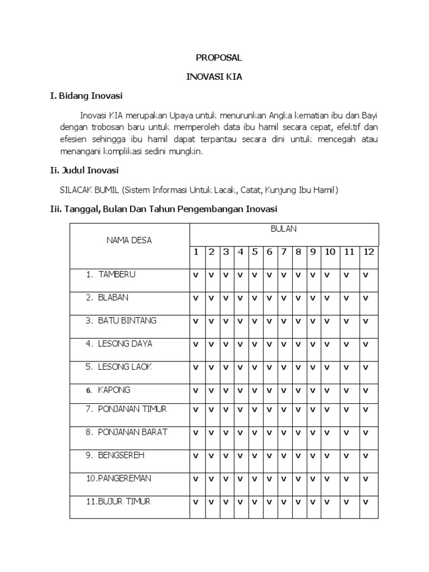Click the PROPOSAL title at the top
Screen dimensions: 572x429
pyautogui.click(x=214, y=58)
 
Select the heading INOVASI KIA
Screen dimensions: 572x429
pyautogui.click(x=214, y=77)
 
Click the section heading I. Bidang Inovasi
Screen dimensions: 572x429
pyautogui.click(x=87, y=96)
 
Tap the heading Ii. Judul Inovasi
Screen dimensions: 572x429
pyautogui.click(x=84, y=170)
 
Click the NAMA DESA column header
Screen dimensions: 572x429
pyautogui.click(x=129, y=240)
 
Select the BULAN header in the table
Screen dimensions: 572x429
pyautogui.click(x=284, y=229)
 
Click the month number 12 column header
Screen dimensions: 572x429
pyautogui.click(x=369, y=252)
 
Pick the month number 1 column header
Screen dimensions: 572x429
pyautogui.click(x=196, y=252)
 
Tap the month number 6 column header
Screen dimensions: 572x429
pyautogui.click(x=269, y=252)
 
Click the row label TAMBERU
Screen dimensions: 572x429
pyautogui.click(x=117, y=274)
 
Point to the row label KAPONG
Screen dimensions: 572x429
pyautogui.click(x=115, y=390)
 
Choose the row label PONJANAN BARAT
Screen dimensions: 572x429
pyautogui.click(x=133, y=432)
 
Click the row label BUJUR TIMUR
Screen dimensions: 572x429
pyautogui.click(x=124, y=501)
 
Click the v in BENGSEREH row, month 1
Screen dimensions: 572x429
pyautogui.click(x=196, y=456)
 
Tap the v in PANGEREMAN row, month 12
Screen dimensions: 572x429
pyautogui.click(x=366, y=479)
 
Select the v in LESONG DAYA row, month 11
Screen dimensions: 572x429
pyautogui.click(x=347, y=345)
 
